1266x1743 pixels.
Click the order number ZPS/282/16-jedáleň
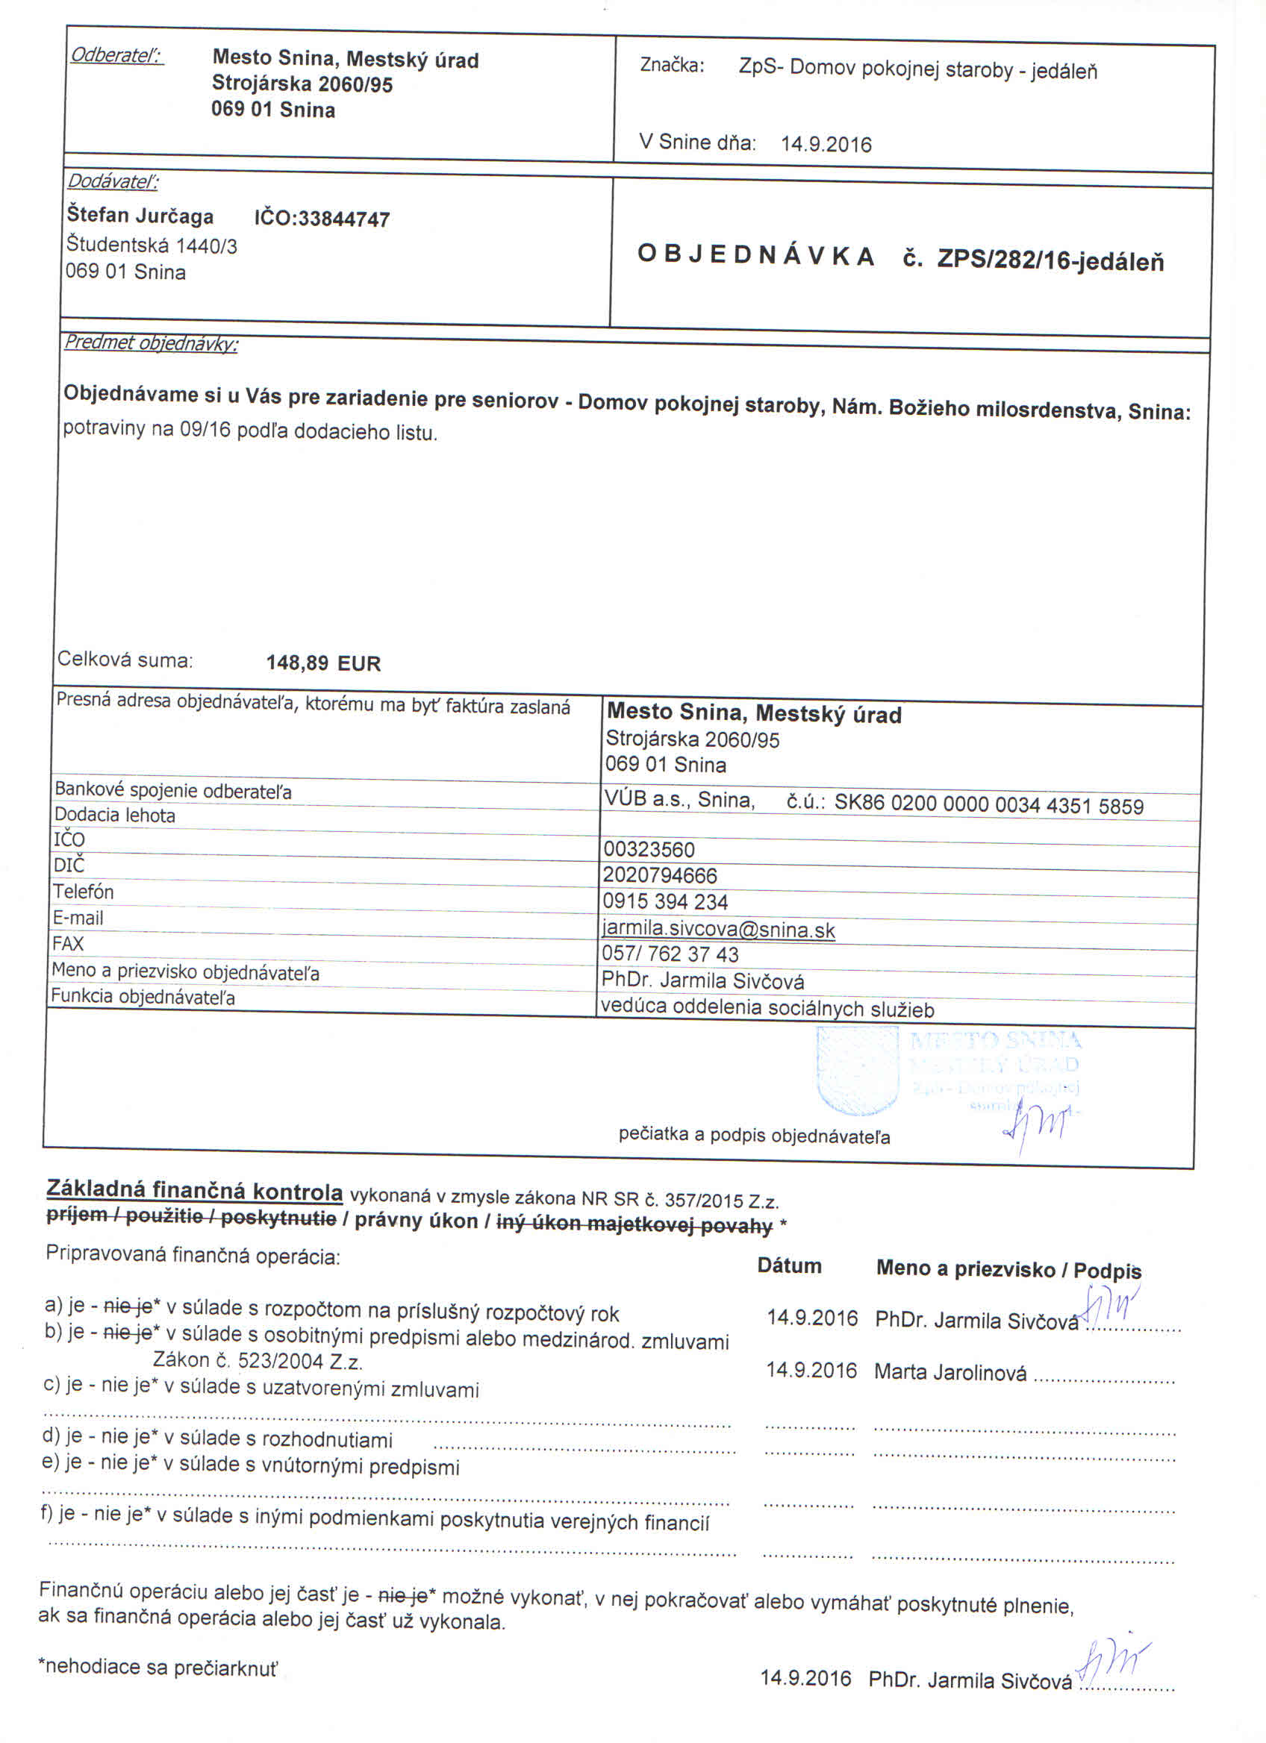(1050, 261)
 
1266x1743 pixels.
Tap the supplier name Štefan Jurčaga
(140, 215)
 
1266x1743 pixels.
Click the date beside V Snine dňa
(826, 145)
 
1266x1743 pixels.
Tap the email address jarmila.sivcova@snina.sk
(718, 929)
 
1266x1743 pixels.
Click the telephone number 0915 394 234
(665, 901)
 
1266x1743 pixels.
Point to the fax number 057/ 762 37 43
(670, 954)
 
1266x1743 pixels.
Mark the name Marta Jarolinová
(949, 1372)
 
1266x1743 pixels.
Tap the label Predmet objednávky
(151, 343)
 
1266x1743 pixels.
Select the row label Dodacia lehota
(114, 816)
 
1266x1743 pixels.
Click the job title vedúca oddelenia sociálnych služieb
(767, 1008)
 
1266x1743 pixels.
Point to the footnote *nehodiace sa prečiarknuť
(158, 1667)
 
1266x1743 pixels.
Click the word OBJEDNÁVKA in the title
(755, 256)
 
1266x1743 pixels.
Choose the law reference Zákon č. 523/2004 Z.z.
(258, 1361)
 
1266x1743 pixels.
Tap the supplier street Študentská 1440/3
(152, 246)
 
